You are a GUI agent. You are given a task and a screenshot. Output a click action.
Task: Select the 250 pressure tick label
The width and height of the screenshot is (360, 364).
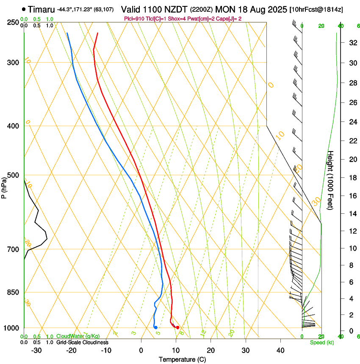(x=12, y=22)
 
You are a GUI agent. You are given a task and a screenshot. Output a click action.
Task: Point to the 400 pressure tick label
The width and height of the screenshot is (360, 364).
(x=12, y=126)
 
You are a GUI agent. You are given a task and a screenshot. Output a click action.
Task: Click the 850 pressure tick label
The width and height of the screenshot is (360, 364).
(x=12, y=292)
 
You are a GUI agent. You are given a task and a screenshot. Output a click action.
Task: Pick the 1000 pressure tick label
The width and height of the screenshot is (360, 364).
(x=11, y=328)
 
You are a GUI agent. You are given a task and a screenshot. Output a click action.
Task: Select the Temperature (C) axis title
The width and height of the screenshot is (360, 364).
(x=182, y=359)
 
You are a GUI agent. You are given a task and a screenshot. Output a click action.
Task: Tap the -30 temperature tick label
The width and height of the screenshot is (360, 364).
(x=36, y=350)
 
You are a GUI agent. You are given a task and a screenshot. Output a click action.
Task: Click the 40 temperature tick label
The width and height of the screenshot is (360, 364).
(x=280, y=350)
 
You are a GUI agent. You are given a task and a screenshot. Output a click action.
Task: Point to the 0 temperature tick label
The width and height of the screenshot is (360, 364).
(x=141, y=350)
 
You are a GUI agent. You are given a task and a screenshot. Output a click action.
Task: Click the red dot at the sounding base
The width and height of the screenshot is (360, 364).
(x=177, y=327)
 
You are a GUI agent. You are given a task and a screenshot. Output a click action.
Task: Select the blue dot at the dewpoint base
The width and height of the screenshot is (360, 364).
(x=156, y=327)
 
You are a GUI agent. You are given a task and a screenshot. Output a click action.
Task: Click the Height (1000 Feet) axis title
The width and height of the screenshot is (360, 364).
(x=330, y=180)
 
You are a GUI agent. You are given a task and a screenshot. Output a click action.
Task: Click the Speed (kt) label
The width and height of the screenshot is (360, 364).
(x=321, y=342)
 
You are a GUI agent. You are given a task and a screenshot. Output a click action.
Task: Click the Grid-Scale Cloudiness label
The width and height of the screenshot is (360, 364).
(x=82, y=342)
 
